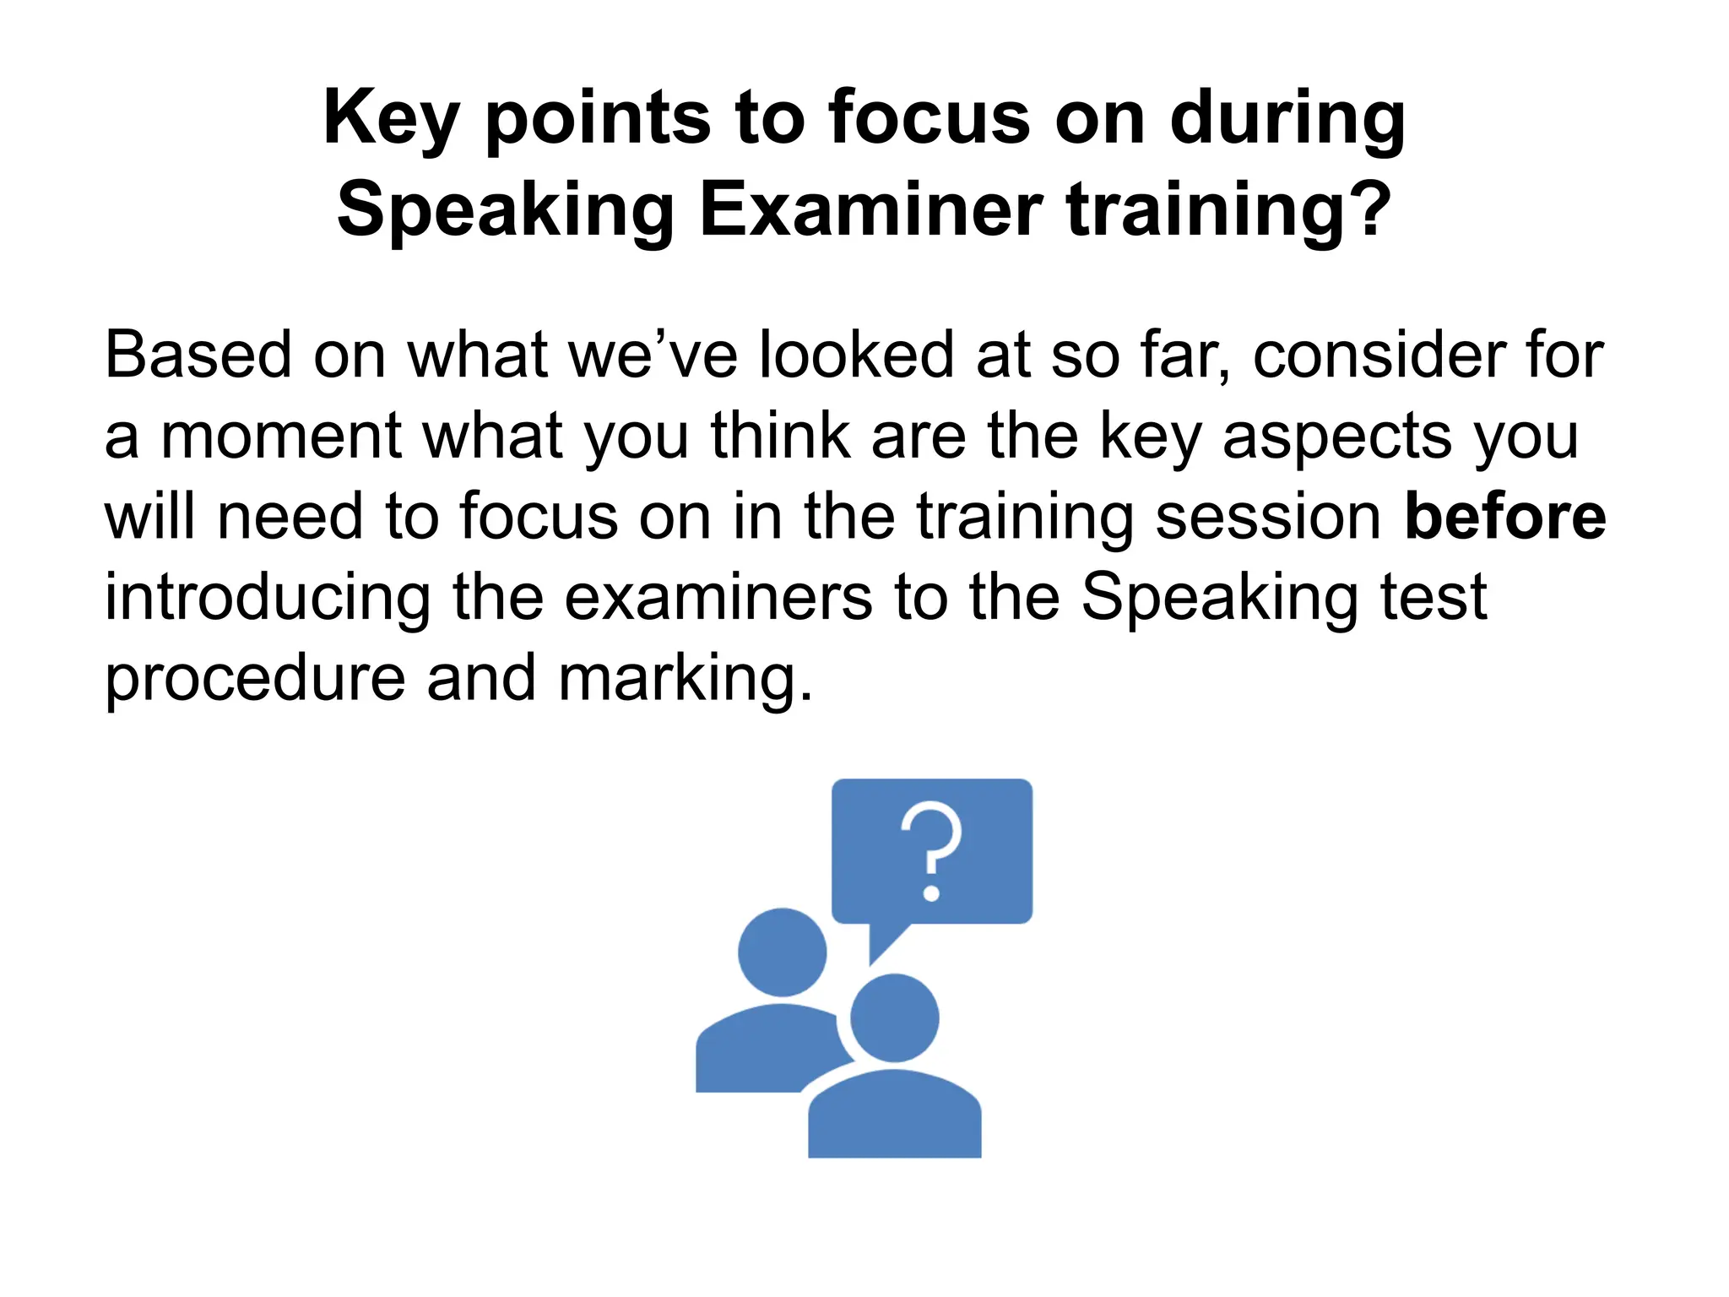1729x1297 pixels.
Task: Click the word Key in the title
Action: [390, 120]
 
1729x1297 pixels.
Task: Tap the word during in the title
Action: [1287, 120]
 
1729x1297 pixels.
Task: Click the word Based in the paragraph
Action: [198, 355]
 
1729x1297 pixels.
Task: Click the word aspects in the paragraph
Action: [1337, 437]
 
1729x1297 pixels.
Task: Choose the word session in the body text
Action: [1267, 517]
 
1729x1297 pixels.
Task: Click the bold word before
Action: [1504, 517]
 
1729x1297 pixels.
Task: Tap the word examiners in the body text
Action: [718, 598]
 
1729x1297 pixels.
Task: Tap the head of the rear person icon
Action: [782, 952]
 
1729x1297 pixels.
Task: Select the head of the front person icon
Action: [894, 1018]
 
